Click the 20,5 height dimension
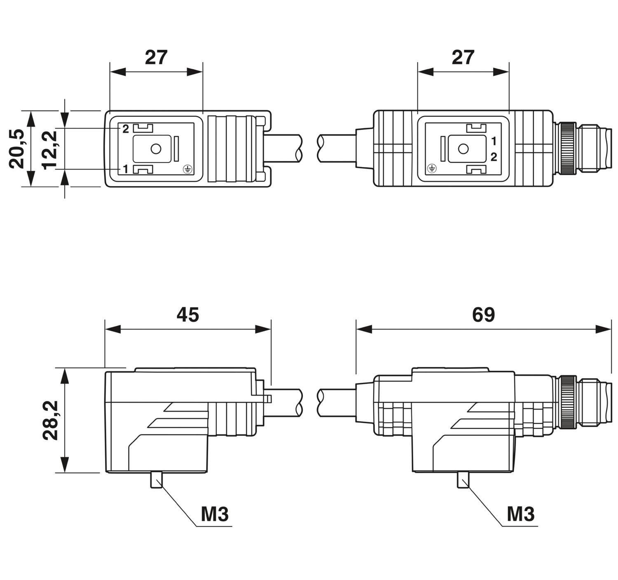[x=16, y=149]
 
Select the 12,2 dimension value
[x=50, y=150]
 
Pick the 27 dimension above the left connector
[x=156, y=57]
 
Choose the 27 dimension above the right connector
[x=463, y=57]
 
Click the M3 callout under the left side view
[x=215, y=514]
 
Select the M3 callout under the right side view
[x=521, y=514]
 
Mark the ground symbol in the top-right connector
[x=432, y=169]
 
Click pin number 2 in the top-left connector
[x=126, y=129]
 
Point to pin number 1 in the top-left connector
[x=126, y=169]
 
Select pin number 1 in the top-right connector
[x=494, y=141]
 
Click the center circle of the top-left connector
[x=156, y=149]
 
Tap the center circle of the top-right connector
[x=463, y=149]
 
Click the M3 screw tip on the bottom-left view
[x=156, y=480]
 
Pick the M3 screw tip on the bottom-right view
[x=463, y=480]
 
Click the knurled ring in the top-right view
[x=568, y=149]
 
